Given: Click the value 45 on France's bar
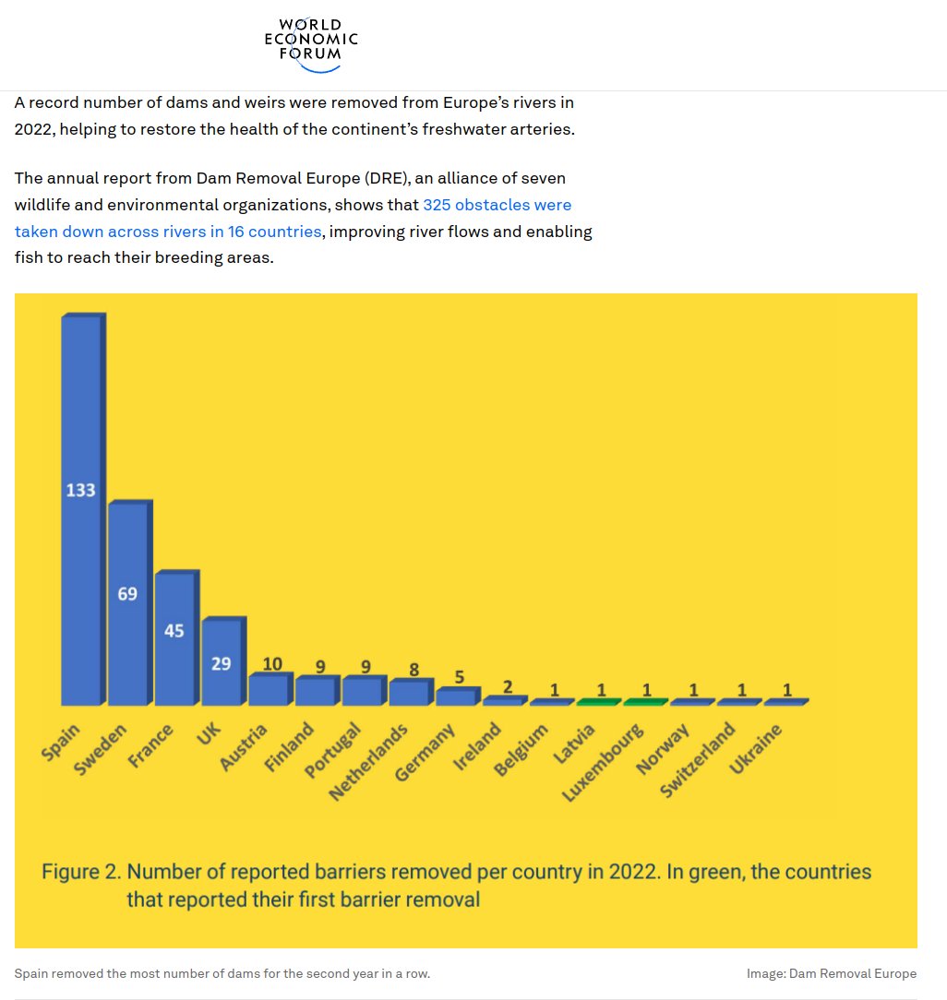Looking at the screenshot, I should point(174,631).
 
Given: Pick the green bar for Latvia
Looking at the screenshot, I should point(597,702).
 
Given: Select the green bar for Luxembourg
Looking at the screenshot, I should point(644,702).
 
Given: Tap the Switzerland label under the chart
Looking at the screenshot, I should point(699,760).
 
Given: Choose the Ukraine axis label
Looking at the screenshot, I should point(756,749).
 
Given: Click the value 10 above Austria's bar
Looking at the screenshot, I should point(272,663).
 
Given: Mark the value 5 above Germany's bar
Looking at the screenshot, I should point(459,677).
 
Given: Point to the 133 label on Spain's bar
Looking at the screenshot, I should point(80,490).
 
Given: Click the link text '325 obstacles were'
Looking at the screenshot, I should point(497,205).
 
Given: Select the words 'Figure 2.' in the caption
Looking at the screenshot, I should point(81,871).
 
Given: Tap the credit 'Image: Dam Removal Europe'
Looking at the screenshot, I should point(832,973).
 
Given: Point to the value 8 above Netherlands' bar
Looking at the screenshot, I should point(414,670).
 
